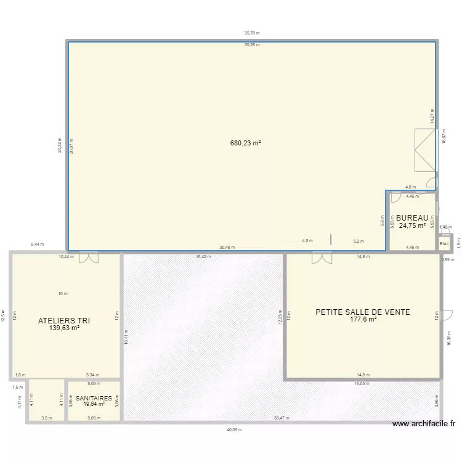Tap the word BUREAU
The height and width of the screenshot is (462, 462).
point(412,218)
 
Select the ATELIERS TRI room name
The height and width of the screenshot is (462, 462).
point(65,321)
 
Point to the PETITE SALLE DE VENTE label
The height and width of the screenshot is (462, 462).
point(363,312)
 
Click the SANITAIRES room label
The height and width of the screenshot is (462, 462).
point(94,398)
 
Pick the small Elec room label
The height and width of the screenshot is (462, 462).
point(444,244)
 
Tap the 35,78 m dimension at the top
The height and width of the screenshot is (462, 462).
point(252,33)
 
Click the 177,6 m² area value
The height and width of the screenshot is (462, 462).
point(363,320)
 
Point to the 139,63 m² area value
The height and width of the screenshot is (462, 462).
point(65,328)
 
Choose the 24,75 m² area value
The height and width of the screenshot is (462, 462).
point(412,225)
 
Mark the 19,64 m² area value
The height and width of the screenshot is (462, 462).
point(94,404)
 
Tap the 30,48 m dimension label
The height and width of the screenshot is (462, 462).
point(227,248)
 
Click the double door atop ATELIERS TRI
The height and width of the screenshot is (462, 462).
point(88,257)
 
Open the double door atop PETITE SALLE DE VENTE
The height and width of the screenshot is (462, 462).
point(321,257)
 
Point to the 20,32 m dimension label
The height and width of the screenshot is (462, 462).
point(59,145)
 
